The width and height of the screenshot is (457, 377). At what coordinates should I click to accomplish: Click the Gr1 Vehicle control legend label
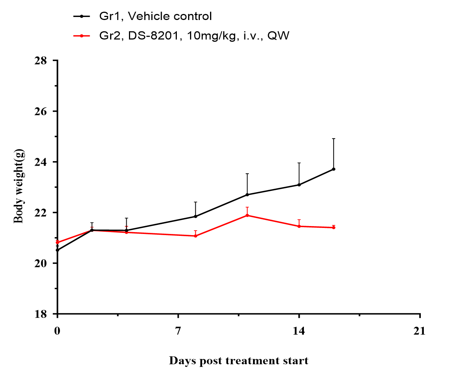[155, 17]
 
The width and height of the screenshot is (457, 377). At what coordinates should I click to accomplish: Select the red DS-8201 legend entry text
[194, 36]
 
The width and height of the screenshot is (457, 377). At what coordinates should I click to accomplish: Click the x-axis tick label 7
[178, 331]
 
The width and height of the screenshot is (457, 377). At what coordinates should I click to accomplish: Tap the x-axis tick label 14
[299, 331]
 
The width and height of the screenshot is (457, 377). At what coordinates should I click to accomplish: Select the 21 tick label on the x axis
[419, 331]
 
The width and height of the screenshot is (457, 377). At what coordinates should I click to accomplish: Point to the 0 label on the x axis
[57, 331]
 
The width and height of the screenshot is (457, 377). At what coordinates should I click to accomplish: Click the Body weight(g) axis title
[19, 186]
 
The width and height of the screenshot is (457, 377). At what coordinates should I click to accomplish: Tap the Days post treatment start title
[238, 361]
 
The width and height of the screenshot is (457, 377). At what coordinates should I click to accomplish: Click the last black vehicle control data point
[334, 169]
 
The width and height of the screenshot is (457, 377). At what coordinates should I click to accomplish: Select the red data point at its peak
[247, 215]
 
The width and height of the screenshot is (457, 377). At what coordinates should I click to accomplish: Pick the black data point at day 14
[299, 185]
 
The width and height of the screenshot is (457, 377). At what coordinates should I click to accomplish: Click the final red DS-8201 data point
[334, 228]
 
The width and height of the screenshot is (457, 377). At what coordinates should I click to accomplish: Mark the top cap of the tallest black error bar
[334, 139]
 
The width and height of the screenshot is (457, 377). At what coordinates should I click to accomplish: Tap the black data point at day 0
[57, 250]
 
